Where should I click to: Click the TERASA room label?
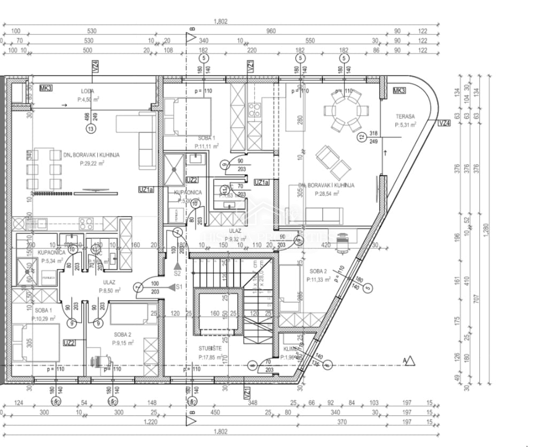[405, 116]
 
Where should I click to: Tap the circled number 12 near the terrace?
[362, 137]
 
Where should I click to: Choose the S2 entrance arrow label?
[177, 272]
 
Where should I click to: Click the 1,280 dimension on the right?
[485, 230]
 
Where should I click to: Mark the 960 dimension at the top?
[271, 31]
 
